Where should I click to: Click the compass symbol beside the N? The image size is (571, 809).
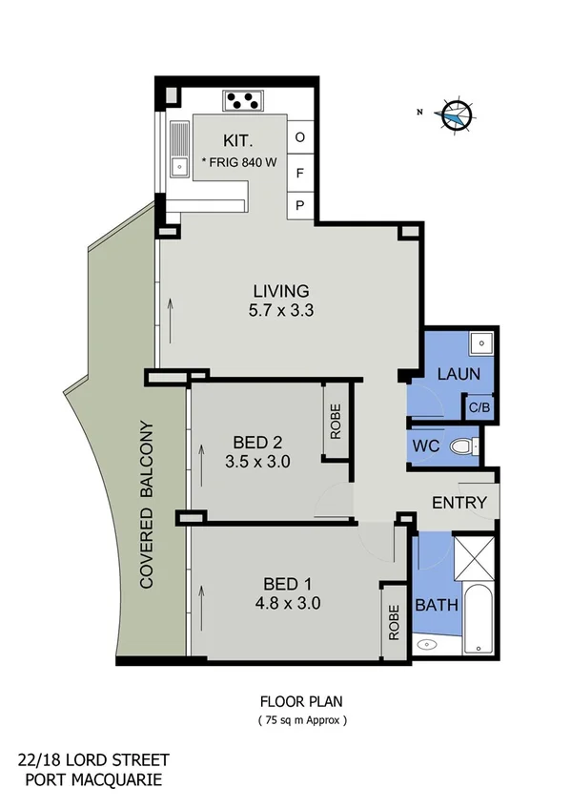point(456,114)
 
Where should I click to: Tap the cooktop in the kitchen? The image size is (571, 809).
point(243,99)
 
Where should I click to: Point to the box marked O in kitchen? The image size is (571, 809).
point(299,137)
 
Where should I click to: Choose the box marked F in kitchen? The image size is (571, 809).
point(299,173)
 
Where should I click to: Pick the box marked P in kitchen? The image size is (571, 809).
point(299,206)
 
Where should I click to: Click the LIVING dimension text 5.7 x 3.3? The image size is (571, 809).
point(280,310)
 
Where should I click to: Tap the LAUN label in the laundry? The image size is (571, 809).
point(458,374)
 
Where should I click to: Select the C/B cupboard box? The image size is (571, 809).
point(479,407)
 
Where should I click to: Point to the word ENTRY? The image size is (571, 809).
point(459,503)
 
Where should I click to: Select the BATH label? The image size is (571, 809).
point(437,605)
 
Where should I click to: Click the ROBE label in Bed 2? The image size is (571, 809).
point(336,421)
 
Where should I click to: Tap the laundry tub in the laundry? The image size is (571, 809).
point(482,342)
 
